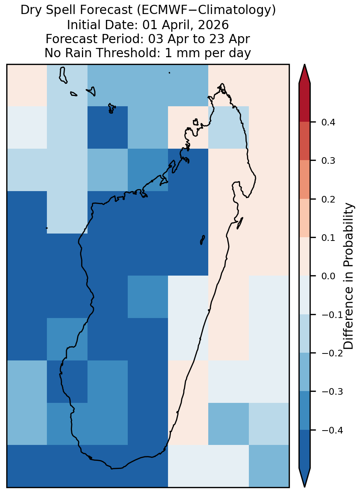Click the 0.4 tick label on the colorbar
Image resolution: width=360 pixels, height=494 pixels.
coord(328,122)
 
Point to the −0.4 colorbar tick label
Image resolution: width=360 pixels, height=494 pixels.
coord(332,430)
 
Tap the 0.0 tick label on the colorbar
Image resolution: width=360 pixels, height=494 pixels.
coord(328,276)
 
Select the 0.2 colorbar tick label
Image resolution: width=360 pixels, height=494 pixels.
coord(328,199)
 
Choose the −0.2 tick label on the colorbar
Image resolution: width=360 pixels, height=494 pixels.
coord(332,353)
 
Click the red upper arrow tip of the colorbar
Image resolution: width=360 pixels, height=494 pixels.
coord(305,65)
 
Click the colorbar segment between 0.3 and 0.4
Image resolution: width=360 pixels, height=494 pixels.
coord(305,141)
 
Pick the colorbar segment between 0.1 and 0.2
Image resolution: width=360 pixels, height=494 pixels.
coord(305,218)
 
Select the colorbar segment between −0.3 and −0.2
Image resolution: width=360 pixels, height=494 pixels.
coord(305,372)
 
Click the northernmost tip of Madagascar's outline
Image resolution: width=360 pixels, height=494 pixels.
coord(222,84)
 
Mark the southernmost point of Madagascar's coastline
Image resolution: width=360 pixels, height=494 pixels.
coord(112,469)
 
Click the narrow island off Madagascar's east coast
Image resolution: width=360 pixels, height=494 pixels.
coord(240,223)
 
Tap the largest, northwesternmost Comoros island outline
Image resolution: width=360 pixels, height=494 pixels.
coord(63,75)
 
